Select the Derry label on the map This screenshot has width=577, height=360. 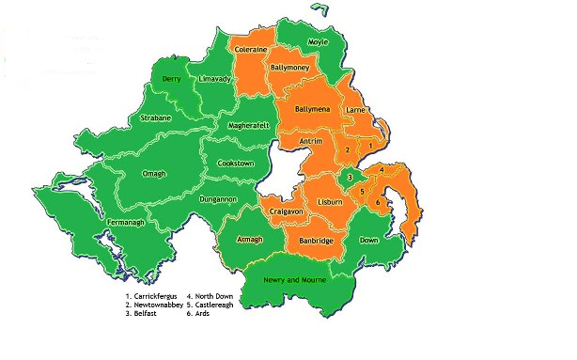point(171,80)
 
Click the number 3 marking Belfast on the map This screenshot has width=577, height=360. point(350,177)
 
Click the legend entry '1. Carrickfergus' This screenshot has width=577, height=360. point(151,297)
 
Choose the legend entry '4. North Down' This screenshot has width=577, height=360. point(211,297)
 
